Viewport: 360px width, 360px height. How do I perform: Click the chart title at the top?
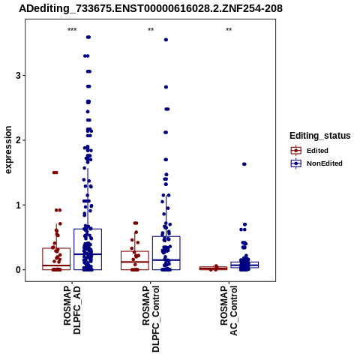tap(151, 9)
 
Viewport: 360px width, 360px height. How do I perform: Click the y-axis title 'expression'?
tap(8, 150)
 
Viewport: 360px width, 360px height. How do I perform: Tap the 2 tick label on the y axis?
tap(18, 140)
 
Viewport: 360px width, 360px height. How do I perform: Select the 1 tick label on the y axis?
tap(18, 205)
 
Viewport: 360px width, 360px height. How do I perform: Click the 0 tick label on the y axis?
tap(18, 270)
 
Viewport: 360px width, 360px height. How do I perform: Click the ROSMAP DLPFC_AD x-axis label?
tap(72, 310)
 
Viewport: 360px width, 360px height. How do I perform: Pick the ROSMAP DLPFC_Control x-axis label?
tap(151, 319)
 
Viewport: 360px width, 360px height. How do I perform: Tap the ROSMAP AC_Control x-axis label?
tap(229, 310)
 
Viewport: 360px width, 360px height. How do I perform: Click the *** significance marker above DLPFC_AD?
tap(72, 30)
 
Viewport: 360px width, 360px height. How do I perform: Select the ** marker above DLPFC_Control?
tap(151, 30)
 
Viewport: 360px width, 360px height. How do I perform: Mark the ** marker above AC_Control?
tap(229, 30)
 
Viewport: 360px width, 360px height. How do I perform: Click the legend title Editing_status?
tap(320, 136)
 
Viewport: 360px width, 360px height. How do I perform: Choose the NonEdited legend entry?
tap(316, 163)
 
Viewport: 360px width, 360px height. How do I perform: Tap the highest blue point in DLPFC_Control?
tap(166, 40)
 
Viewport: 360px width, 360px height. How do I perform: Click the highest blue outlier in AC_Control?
tap(244, 164)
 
